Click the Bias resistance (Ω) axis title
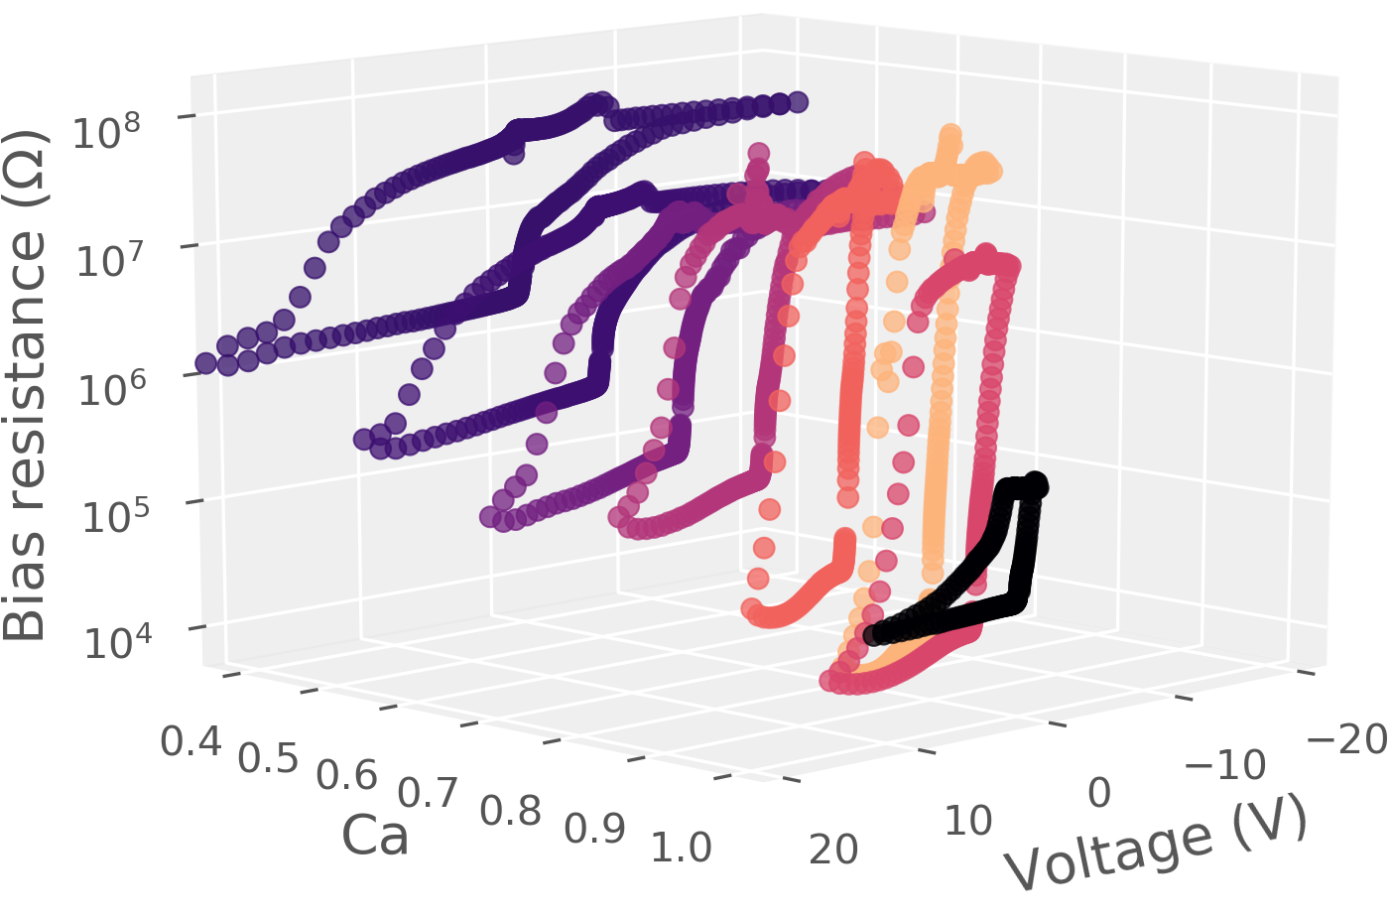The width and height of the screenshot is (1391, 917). coord(26,386)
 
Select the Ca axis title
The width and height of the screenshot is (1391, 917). coord(375,836)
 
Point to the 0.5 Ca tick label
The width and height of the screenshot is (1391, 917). coord(269,758)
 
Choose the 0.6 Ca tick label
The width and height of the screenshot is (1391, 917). coord(347,776)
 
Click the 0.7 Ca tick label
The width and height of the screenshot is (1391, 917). coord(429,794)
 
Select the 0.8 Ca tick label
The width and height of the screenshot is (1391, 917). coord(511,812)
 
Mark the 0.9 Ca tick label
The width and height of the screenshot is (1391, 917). coord(595,830)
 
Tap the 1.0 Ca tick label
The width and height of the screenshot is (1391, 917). coord(683,849)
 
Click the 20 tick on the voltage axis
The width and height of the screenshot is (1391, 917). coord(834,850)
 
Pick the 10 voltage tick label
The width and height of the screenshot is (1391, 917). coord(967,821)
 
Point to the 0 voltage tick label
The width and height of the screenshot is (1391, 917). coord(1099,793)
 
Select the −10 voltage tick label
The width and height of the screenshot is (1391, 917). coord(1225,765)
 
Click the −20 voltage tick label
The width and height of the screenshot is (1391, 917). coord(1347,739)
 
